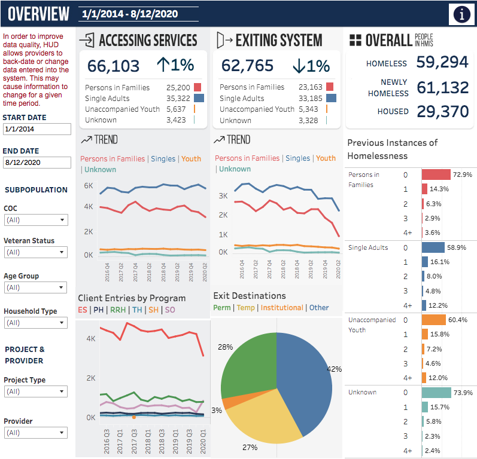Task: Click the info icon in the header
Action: (462, 14)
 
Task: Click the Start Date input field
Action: (37, 129)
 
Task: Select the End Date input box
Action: (37, 163)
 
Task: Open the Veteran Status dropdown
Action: (35, 252)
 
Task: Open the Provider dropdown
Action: (35, 433)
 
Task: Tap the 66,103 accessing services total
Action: (113, 66)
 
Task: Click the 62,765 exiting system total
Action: (247, 66)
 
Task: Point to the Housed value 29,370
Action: (443, 112)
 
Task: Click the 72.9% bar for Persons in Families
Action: (436, 175)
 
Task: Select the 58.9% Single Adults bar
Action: (433, 247)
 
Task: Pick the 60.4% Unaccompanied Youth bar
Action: (434, 320)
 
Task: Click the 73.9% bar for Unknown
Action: (436, 393)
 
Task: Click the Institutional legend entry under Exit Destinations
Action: (282, 308)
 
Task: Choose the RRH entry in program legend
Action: (118, 310)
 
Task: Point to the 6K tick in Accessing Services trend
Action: (89, 186)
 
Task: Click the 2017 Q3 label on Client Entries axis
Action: (133, 442)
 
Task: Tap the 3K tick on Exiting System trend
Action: (223, 196)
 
